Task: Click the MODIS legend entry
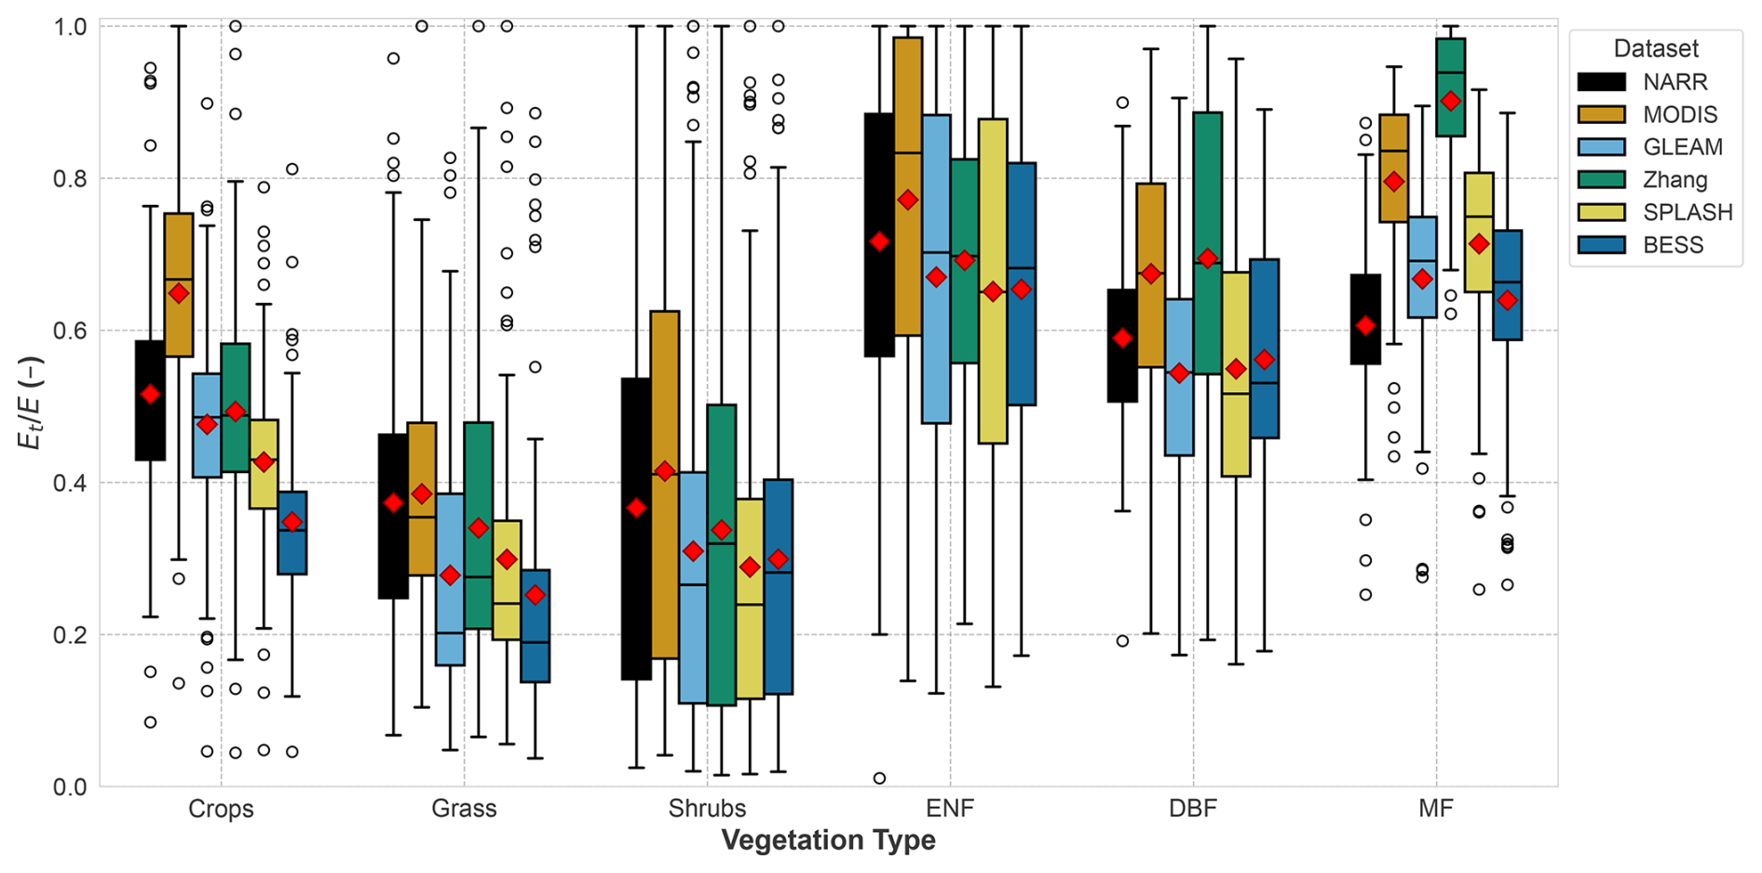(1679, 115)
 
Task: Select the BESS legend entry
(1673, 245)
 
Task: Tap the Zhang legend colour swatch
(1601, 180)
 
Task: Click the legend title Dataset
(1656, 48)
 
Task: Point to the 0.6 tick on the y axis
(75, 331)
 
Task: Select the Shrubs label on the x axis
(707, 808)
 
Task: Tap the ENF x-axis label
(950, 808)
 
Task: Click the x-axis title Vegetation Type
(828, 840)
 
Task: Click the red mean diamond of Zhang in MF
(1450, 102)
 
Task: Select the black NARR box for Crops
(150, 429)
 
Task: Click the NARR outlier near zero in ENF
(879, 778)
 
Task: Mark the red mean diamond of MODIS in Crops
(179, 293)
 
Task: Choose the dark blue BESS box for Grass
(535, 643)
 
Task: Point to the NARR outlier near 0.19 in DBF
(1122, 641)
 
